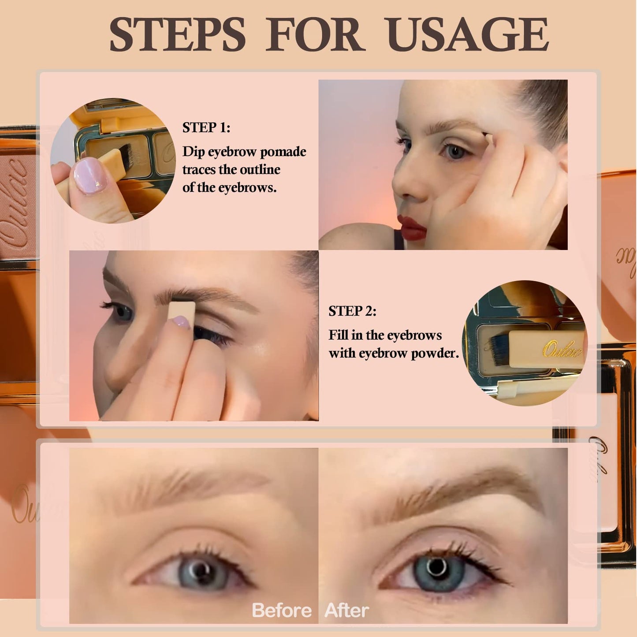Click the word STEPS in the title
(x=177, y=35)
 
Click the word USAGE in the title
(x=468, y=35)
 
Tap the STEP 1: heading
(x=206, y=127)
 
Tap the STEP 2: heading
(x=352, y=311)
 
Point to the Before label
(x=281, y=611)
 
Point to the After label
(x=346, y=611)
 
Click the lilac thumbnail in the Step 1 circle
(x=90, y=175)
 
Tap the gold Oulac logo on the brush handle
(x=562, y=350)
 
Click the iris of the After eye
(x=436, y=570)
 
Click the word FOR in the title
(x=314, y=35)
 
